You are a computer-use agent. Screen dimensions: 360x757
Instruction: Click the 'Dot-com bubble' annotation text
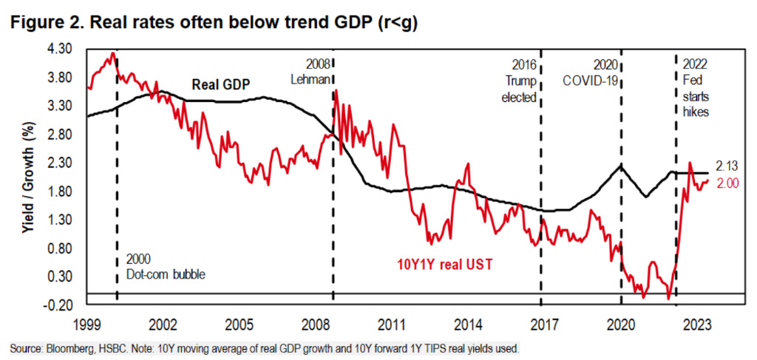(x=164, y=274)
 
